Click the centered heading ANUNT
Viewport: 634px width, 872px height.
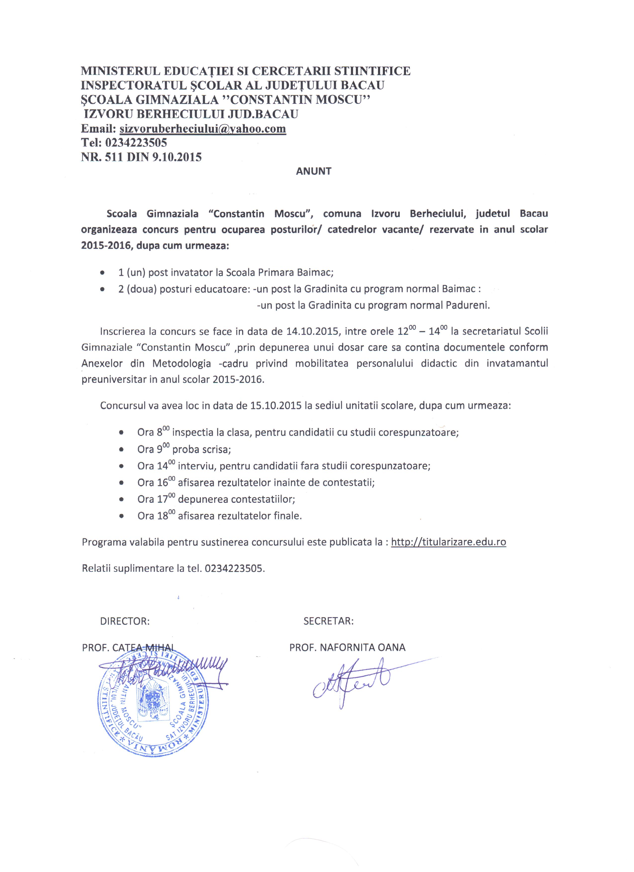314,171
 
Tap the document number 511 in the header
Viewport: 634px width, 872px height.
113,157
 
